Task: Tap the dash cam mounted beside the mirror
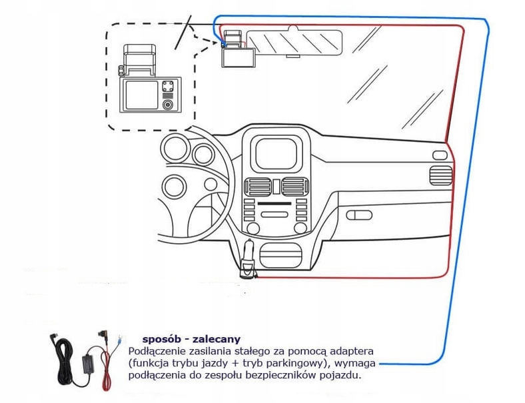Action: pos(236,53)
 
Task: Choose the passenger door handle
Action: pos(359,214)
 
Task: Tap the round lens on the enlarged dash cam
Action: pos(169,105)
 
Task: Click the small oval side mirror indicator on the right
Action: pos(440,155)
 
